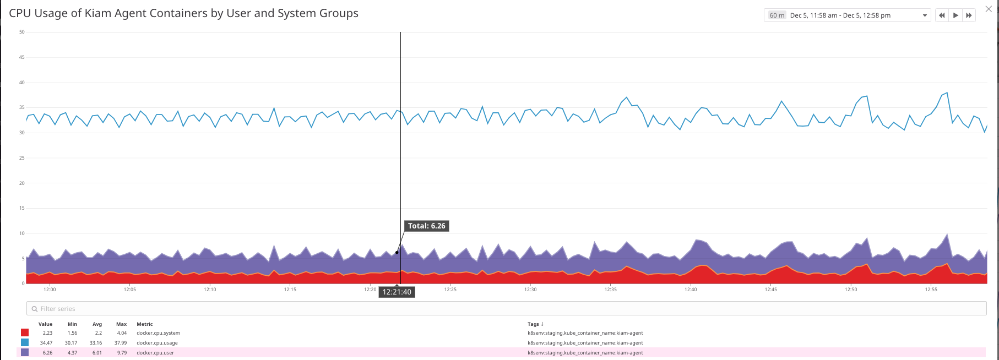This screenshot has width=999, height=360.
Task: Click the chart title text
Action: coord(183,13)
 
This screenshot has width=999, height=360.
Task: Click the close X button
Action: coord(989,9)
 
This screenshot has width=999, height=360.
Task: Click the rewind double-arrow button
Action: coord(942,15)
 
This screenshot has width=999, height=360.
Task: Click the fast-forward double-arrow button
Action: coord(969,15)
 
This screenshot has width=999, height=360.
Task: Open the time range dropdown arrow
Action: coord(925,15)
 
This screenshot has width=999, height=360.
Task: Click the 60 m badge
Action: coord(777,15)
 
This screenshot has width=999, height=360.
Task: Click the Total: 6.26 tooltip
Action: coord(426,226)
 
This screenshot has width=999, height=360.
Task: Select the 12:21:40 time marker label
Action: coord(397,292)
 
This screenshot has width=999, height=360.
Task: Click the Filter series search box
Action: coord(506,309)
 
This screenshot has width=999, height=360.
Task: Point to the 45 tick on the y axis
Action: coord(22,57)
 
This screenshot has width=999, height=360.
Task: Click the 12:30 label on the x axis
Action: coord(530,290)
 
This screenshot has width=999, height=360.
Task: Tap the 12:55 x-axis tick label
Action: coord(931,290)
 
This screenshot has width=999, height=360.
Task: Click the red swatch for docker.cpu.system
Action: coord(25,333)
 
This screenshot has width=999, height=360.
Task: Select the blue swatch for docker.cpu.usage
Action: coord(25,343)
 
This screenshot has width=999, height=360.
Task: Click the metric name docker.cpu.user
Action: coord(155,353)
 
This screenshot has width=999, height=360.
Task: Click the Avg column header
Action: coord(97,324)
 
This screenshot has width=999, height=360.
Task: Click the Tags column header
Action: coord(535,324)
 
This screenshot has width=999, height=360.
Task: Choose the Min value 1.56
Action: coord(72,333)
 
